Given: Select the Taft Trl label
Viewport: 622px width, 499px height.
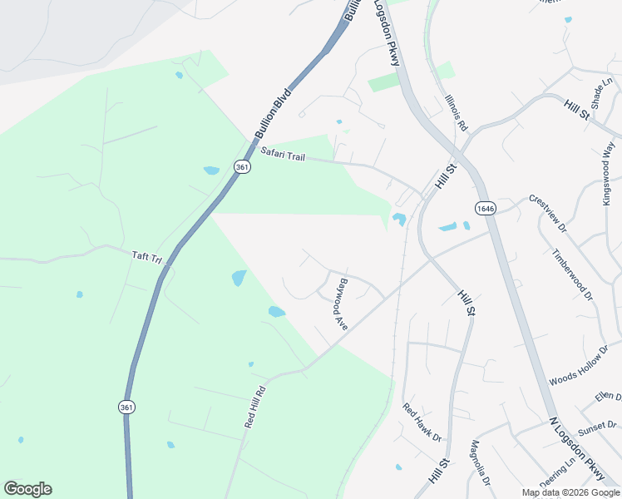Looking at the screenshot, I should tap(146, 257).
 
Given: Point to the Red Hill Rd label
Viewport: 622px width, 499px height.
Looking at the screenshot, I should tap(254, 407).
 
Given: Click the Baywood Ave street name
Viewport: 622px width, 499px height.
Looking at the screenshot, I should tap(341, 304).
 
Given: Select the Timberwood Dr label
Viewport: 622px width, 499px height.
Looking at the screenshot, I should tap(572, 272).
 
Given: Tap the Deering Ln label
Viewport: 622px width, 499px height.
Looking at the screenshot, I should tap(557, 473).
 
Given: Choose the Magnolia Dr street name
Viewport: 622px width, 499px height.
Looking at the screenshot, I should tap(481, 463).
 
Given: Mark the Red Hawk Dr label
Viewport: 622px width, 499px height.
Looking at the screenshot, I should tap(422, 422).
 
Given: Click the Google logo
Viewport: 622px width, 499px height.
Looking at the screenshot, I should tap(27, 489).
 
